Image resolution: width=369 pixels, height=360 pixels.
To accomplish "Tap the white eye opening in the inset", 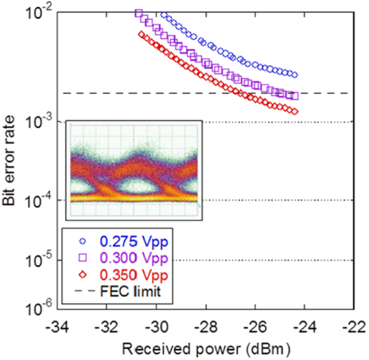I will coord(139,181).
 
